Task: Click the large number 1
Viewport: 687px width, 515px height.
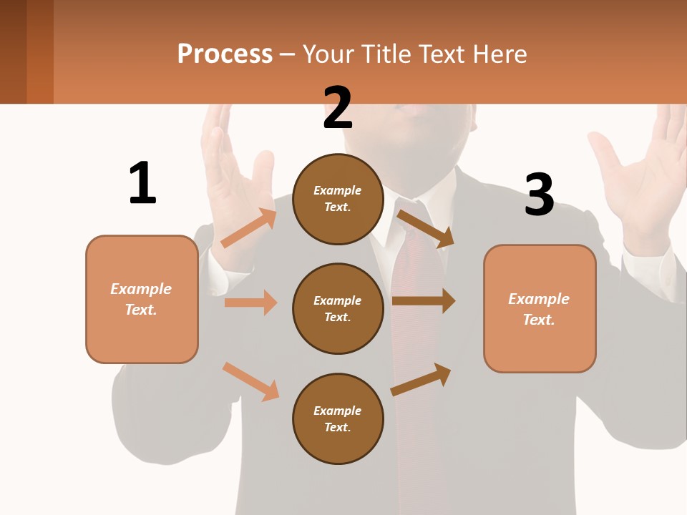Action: click(x=142, y=184)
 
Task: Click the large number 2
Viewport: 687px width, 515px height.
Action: click(x=337, y=108)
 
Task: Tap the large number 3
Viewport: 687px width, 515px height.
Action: click(x=539, y=195)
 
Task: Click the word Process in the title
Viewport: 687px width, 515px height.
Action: click(x=225, y=54)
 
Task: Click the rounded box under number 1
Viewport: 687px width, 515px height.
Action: click(x=142, y=299)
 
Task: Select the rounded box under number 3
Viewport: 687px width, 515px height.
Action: click(x=540, y=308)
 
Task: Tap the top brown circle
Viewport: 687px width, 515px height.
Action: click(x=338, y=199)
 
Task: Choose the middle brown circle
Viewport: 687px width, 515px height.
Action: click(x=338, y=308)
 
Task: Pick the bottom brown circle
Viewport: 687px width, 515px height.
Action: click(x=338, y=418)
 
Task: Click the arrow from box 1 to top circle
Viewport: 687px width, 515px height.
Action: click(x=249, y=227)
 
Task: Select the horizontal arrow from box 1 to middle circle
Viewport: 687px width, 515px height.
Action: click(x=250, y=303)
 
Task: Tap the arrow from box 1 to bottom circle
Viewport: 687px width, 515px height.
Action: click(x=250, y=381)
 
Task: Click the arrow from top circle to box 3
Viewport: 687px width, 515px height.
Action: click(x=425, y=228)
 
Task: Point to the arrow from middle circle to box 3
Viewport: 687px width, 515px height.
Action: click(x=423, y=301)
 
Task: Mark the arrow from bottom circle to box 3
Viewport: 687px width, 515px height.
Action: click(x=421, y=380)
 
